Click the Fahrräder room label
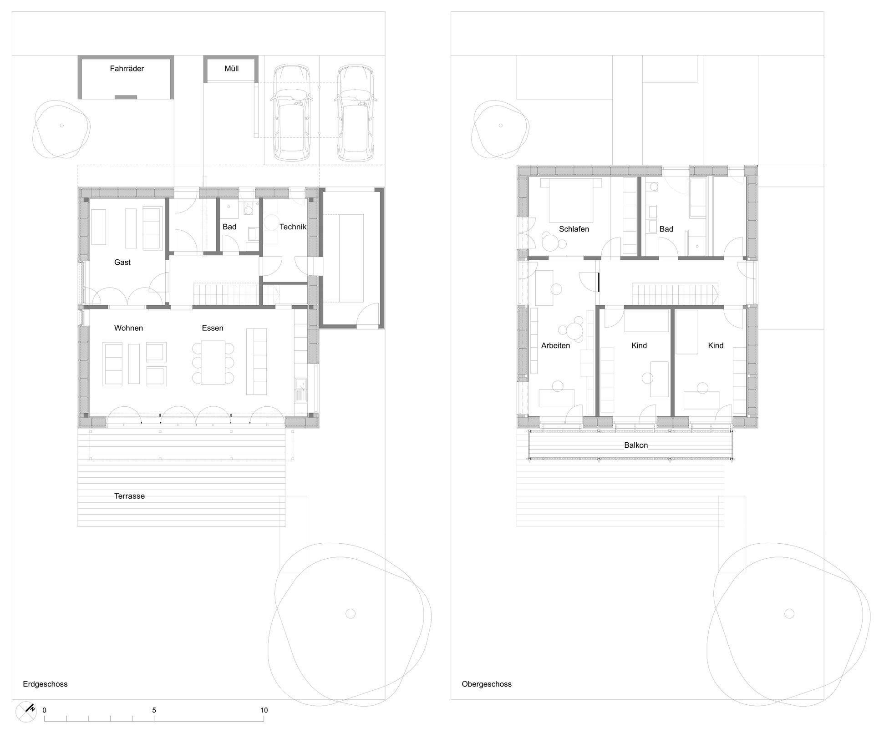tap(127, 69)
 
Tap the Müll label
tap(232, 69)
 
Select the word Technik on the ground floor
tap(293, 227)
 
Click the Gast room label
tap(122, 262)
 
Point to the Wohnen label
tap(128, 328)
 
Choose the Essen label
tap(213, 328)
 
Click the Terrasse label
tap(129, 496)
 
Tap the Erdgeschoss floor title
tap(45, 684)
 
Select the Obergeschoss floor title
tap(487, 684)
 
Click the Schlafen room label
tap(574, 229)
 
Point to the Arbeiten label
tap(555, 345)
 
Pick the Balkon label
tap(636, 445)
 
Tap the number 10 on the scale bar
tap(264, 710)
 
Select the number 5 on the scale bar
tap(154, 710)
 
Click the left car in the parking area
tap(291, 113)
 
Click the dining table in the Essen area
tap(213, 362)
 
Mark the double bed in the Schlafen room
tap(571, 200)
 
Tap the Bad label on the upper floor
tap(666, 229)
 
